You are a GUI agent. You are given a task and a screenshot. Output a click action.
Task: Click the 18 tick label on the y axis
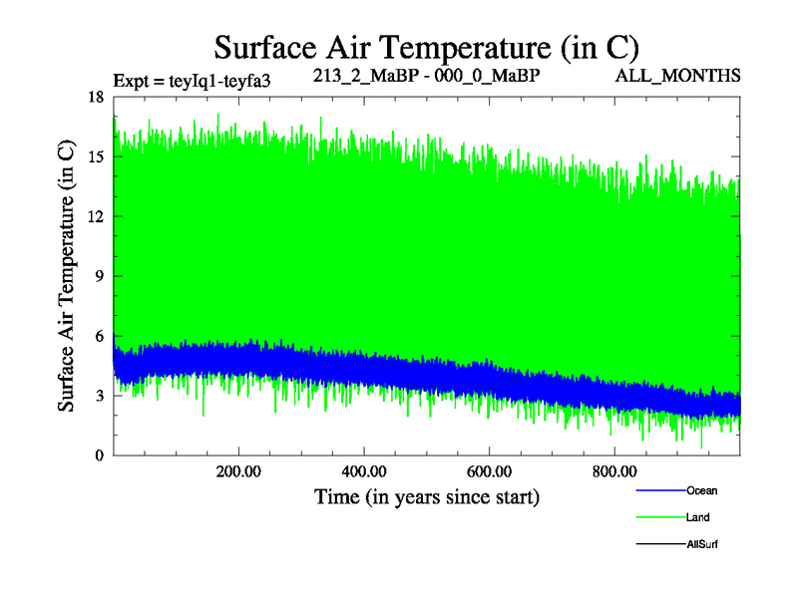point(96,97)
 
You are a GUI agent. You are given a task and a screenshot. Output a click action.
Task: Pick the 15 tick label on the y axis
point(96,156)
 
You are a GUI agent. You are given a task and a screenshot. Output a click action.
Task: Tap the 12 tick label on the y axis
point(96,216)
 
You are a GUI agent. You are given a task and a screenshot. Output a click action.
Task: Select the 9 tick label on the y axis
point(99,276)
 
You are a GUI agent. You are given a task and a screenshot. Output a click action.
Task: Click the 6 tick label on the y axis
point(99,336)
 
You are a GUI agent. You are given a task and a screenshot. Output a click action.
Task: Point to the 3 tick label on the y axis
point(99,396)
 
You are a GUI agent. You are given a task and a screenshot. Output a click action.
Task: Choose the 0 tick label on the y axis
point(99,455)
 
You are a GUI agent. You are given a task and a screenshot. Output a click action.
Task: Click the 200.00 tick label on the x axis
point(238,471)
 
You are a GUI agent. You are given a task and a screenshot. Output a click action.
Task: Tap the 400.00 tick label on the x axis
point(364,471)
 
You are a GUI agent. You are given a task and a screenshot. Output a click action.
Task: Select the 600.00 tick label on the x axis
point(490,471)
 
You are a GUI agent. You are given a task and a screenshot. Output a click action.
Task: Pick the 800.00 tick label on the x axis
point(615,471)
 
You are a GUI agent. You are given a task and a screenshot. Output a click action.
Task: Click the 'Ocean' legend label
point(701,490)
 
